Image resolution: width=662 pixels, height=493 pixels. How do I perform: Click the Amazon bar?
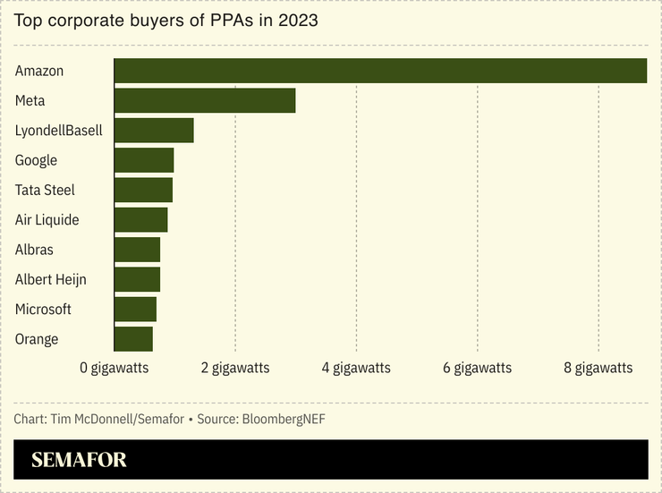click(x=380, y=71)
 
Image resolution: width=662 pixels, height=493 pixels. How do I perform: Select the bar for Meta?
click(x=205, y=100)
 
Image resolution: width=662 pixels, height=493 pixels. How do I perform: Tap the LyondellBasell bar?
click(x=154, y=131)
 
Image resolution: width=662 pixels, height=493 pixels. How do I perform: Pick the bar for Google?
click(x=144, y=160)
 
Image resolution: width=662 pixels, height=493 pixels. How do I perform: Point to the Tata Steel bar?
click(x=143, y=190)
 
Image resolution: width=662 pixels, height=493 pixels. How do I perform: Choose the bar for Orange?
click(x=133, y=339)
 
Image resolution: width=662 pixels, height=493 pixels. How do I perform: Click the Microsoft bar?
click(x=135, y=309)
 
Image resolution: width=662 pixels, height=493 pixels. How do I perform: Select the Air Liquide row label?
click(x=47, y=220)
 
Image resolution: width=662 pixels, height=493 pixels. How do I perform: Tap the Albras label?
click(x=34, y=250)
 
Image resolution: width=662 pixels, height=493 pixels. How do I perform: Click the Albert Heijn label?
click(x=51, y=279)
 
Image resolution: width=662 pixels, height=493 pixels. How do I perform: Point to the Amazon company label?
click(x=39, y=71)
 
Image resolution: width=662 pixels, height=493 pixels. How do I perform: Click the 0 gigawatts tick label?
click(x=115, y=368)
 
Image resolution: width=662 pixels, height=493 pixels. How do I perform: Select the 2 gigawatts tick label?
click(x=235, y=368)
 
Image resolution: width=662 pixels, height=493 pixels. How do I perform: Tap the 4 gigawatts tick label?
click(x=356, y=368)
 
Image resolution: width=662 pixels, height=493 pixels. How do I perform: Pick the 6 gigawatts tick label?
click(x=478, y=368)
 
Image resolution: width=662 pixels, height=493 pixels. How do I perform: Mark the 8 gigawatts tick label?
click(x=598, y=368)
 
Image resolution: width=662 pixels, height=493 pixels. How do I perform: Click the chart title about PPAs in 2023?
click(x=165, y=19)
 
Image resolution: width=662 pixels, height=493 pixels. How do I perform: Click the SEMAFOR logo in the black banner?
click(x=79, y=460)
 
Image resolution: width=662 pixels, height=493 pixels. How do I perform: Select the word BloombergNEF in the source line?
click(x=277, y=419)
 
